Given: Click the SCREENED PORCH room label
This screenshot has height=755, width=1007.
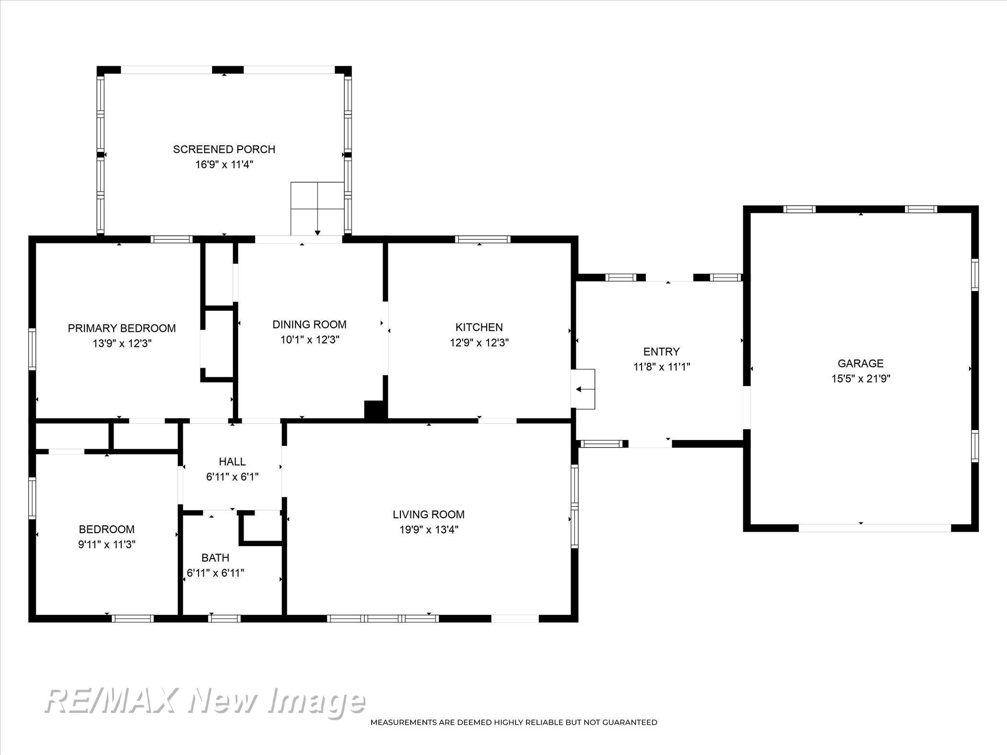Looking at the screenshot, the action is point(224,149).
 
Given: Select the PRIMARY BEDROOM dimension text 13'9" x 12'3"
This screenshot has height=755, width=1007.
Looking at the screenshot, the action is point(122,344).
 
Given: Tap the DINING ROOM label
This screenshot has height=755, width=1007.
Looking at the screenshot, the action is point(309,325).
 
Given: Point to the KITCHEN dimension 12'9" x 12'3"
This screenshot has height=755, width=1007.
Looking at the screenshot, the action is point(479,343).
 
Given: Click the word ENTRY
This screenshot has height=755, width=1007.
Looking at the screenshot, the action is point(661,352).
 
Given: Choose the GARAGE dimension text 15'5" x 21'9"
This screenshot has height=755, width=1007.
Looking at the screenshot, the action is point(861,379).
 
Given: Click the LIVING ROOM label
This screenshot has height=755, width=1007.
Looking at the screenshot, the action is point(428,514).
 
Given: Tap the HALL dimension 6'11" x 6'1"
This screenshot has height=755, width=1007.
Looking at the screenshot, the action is point(233,477).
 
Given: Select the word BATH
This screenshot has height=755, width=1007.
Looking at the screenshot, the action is point(215,558).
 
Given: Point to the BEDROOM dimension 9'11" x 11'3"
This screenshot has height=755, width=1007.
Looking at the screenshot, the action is point(107,545).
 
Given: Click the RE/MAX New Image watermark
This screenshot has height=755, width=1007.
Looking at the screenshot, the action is point(205,703).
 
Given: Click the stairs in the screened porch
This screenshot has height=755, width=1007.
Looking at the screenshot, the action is point(317,209).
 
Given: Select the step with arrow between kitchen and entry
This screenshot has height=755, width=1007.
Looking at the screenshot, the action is point(583,389).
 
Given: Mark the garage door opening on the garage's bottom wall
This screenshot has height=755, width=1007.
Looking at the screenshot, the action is point(875,528).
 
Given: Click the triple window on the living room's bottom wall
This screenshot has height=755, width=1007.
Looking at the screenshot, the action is point(383,618).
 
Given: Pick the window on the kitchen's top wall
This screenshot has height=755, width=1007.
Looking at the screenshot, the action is point(482,239).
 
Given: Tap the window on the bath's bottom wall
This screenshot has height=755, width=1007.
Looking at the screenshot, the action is point(224,618).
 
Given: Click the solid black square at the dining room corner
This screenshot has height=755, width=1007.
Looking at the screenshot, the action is point(375,411).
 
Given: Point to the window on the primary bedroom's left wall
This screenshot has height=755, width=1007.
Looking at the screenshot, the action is point(32,349).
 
